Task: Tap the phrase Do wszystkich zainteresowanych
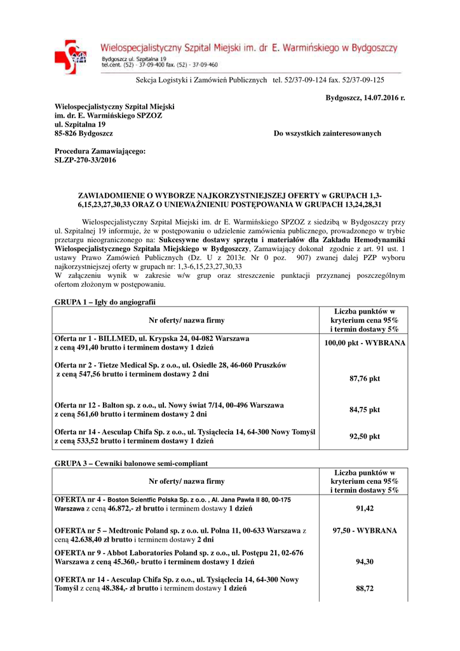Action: (x=327, y=134)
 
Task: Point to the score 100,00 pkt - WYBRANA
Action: (x=364, y=343)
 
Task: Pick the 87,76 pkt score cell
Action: (x=364, y=379)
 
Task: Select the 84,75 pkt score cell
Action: (x=364, y=409)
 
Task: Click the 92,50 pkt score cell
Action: (x=364, y=437)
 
